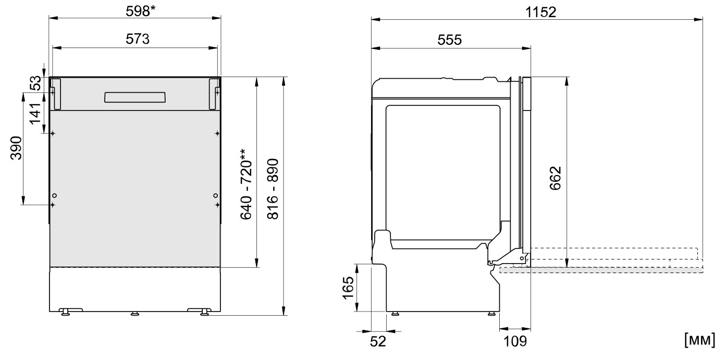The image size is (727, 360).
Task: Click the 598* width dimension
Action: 141,11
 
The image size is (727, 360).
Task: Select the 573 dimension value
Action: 138,39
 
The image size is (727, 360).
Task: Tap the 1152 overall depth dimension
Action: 540,13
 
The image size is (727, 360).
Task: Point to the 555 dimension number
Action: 450,40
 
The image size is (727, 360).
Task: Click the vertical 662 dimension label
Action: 556,178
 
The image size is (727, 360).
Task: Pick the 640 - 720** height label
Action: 247,184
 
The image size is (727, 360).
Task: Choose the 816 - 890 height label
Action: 273,189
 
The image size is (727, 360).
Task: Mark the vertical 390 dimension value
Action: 16,148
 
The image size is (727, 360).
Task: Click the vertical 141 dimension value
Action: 35,114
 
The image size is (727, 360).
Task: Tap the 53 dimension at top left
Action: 35,83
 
